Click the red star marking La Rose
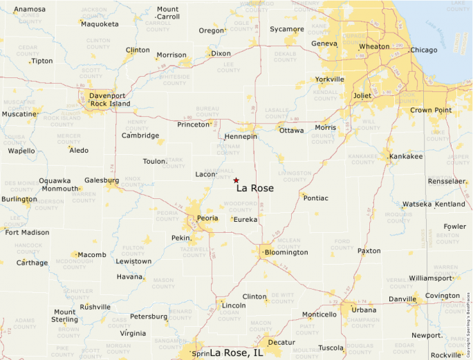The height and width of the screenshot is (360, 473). click(x=236, y=180)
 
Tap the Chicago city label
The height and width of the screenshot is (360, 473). click(x=424, y=50)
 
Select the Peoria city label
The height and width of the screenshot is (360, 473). click(x=207, y=218)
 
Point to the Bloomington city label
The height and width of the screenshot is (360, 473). click(x=286, y=253)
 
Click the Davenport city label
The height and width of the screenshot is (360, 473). click(x=108, y=96)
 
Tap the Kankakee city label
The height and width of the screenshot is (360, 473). click(x=406, y=157)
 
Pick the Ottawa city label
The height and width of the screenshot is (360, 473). click(x=291, y=131)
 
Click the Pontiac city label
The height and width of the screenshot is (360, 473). click(x=315, y=198)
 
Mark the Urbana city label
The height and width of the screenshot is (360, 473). click(x=364, y=310)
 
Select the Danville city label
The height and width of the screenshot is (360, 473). click(x=402, y=299)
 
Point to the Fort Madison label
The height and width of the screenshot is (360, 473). click(x=27, y=233)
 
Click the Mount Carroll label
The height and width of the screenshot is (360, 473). click(x=167, y=13)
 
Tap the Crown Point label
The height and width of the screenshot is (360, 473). click(x=431, y=111)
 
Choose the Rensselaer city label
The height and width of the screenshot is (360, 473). click(x=447, y=181)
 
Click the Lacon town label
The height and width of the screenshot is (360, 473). click(x=206, y=175)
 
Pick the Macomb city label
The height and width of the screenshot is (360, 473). click(x=92, y=255)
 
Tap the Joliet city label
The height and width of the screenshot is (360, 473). click(x=362, y=96)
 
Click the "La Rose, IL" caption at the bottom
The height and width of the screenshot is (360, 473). click(x=236, y=352)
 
